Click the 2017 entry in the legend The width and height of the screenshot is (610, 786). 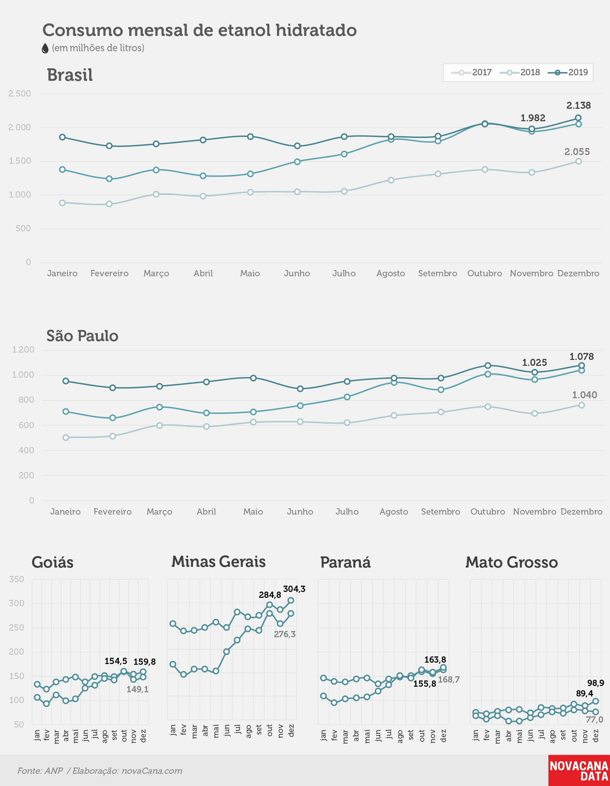[x=471, y=72]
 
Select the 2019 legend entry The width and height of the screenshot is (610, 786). [x=568, y=72]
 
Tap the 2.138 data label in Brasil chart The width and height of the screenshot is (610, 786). [x=578, y=106]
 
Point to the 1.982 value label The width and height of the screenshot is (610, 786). [x=533, y=118]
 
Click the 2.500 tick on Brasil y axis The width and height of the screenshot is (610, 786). [x=20, y=94]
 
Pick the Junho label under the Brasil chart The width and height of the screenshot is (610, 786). [x=297, y=273]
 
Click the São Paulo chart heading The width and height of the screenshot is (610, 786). [x=83, y=336]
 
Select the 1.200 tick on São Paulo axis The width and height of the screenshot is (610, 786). [x=23, y=349]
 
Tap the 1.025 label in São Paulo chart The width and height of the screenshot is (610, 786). [x=534, y=362]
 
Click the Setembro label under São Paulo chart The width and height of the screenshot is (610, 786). [x=440, y=511]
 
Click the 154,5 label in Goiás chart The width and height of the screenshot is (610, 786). [x=116, y=661]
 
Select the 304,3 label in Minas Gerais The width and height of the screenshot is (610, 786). [x=294, y=589]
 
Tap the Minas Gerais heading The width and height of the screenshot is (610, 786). [x=218, y=561]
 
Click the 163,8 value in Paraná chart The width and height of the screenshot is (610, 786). [x=435, y=659]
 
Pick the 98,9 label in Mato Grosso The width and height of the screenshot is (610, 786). [x=596, y=683]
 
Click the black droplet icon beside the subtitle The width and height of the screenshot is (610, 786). [x=45, y=48]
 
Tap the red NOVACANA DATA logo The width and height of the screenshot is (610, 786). [x=579, y=770]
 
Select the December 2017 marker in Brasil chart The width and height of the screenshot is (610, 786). [x=578, y=161]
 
